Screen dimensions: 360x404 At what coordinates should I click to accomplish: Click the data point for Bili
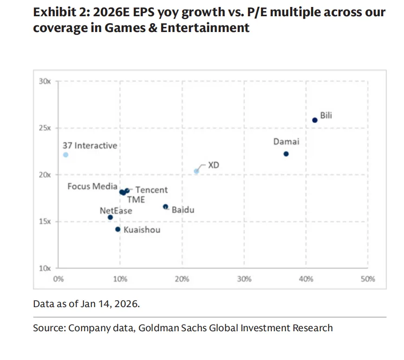point(314,120)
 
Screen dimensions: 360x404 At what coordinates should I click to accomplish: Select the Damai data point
point(286,154)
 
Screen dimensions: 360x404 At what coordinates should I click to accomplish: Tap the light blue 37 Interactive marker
point(66,155)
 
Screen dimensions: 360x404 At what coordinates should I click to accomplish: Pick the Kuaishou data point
point(118,230)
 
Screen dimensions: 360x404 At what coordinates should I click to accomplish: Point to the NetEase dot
point(110,218)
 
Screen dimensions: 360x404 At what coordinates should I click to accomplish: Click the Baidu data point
point(165,207)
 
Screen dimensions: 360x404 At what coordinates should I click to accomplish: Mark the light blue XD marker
point(196,172)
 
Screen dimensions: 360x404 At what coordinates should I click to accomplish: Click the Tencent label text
point(151,190)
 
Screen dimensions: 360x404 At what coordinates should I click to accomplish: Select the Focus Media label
point(92,186)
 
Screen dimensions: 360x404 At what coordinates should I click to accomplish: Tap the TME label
point(136,200)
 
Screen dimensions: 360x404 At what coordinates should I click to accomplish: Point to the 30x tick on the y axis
point(45,81)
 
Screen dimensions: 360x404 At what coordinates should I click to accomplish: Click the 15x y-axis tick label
point(45,222)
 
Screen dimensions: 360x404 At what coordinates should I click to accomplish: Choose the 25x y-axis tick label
point(45,128)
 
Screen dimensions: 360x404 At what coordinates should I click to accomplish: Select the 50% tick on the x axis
point(367,279)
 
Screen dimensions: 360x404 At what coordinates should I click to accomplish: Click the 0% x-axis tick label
point(59,279)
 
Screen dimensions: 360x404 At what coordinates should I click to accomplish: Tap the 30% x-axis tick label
point(244,279)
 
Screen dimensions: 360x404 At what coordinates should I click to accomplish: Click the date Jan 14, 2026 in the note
point(110,304)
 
